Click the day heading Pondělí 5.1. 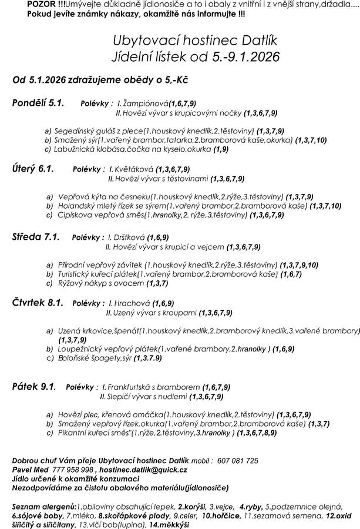pyautogui.click(x=38, y=103)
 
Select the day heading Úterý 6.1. pyautogui.click(x=33, y=169)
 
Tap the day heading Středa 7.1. pyautogui.click(x=36, y=237)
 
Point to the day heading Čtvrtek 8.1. pyautogui.click(x=38, y=303)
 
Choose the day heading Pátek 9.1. pyautogui.click(x=33, y=386)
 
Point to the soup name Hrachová pyautogui.click(x=132, y=304)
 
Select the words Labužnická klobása pyautogui.click(x=88, y=149)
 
